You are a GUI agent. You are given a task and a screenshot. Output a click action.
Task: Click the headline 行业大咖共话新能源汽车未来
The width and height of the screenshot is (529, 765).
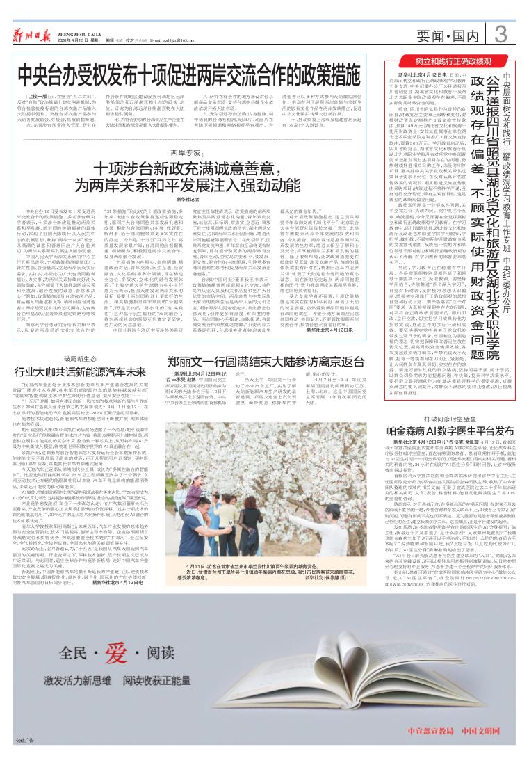tap(85, 371)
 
